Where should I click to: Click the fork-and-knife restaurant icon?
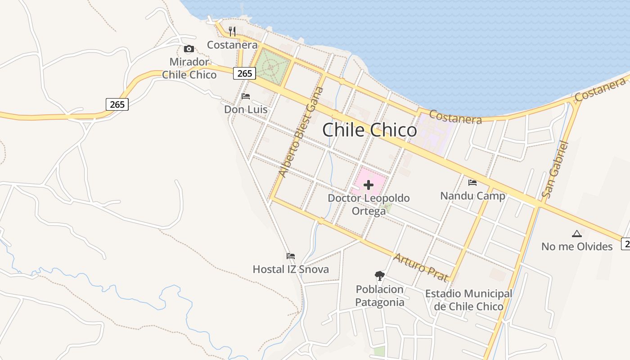[232, 31]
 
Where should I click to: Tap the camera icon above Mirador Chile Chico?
[189, 49]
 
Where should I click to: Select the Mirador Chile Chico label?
[189, 68]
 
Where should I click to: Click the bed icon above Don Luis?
[246, 96]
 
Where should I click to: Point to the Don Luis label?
[246, 109]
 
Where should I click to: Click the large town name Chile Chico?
[369, 130]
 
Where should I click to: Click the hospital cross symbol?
[369, 185]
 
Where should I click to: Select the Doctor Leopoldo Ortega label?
[369, 204]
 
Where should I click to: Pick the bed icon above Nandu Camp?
[472, 183]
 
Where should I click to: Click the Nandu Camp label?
[472, 196]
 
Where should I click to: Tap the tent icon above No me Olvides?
[577, 234]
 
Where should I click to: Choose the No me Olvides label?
[577, 247]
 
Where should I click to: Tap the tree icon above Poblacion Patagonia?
[380, 275]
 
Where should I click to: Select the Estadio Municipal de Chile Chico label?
[468, 300]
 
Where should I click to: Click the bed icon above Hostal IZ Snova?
[291, 256]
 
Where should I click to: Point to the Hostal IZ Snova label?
[291, 270]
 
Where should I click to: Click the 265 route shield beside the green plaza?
[244, 73]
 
